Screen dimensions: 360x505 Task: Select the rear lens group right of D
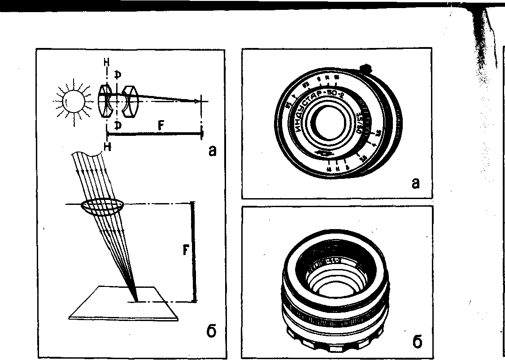[131, 101]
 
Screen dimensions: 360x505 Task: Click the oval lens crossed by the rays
[103, 207]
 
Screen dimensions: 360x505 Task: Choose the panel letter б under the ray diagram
[212, 333]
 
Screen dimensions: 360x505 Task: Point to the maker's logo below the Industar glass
[324, 154]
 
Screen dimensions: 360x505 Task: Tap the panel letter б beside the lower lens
[416, 342]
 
